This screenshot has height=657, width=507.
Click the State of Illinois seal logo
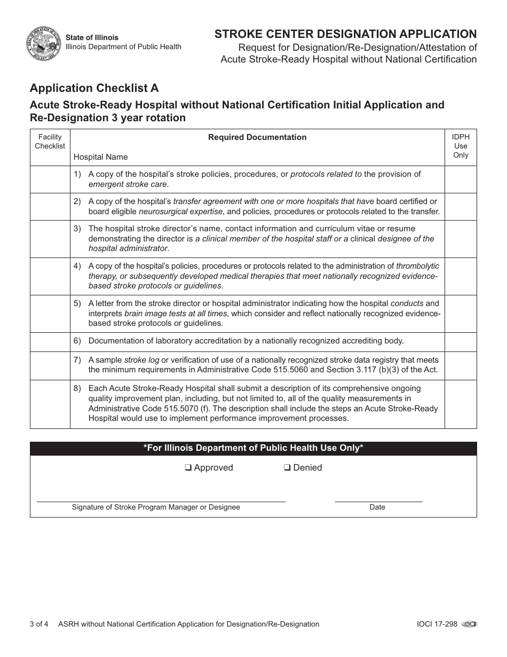[43, 43]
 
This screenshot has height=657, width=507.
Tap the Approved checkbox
[188, 468]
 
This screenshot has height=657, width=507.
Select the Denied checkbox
[287, 468]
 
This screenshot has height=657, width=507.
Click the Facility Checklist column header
[50, 142]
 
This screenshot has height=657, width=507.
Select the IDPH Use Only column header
[460, 146]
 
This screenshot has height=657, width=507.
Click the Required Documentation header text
[257, 137]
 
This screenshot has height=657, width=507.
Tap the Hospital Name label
[100, 157]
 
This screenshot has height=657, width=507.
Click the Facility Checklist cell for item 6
[50, 342]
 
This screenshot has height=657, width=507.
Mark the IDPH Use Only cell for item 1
[460, 179]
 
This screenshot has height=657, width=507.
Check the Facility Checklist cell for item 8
[50, 404]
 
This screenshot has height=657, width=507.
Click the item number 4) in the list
[77, 265]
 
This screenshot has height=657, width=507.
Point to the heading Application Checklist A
[94, 88]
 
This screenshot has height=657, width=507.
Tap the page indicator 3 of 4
[39, 624]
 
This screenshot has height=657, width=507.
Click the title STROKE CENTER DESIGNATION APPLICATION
[345, 34]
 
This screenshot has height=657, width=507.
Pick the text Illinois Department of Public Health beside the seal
[123, 47]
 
